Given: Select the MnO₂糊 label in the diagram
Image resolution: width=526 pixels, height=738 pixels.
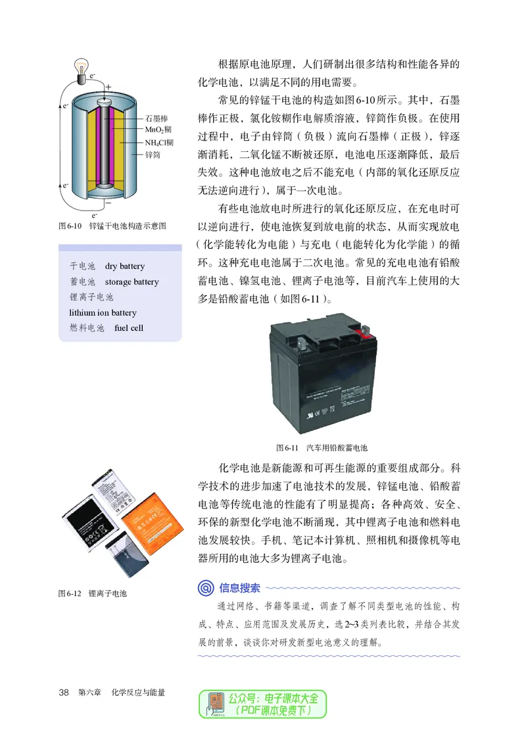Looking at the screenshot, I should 158,130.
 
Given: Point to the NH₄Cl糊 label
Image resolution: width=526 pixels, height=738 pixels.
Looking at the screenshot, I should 160,143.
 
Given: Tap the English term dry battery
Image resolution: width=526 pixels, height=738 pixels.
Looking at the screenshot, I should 124,266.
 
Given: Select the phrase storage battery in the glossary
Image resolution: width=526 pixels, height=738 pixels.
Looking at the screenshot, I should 131,282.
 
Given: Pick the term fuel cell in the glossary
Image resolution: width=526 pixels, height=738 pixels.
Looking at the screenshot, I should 128,328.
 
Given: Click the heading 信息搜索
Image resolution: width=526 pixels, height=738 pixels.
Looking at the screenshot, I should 240,587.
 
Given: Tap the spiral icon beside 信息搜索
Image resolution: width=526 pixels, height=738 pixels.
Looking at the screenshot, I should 206,587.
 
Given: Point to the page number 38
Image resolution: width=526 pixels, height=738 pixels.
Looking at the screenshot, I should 64,693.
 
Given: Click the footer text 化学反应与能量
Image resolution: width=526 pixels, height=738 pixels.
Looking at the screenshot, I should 138,693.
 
